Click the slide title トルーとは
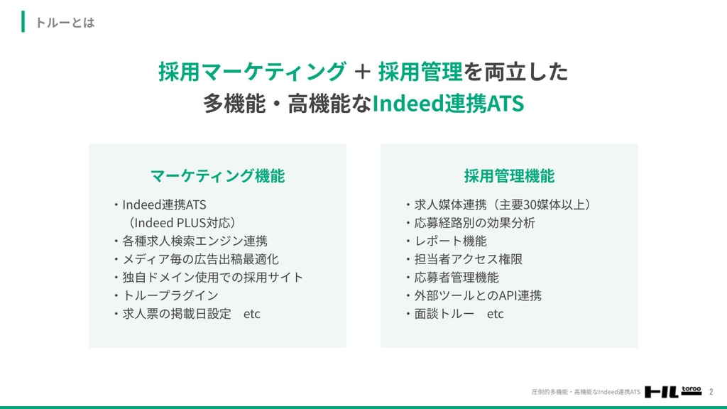point(65,23)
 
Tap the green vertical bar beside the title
point(23,22)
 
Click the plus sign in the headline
point(362,72)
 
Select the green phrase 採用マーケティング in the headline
point(252,72)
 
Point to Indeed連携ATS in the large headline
point(448,104)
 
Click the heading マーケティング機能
point(217,176)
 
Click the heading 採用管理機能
point(509,176)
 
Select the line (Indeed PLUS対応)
point(182,222)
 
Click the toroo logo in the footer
point(673,391)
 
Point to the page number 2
point(711,392)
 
